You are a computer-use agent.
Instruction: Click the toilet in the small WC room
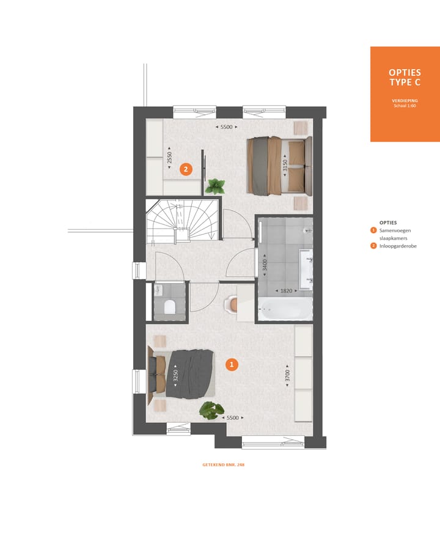point(169,306)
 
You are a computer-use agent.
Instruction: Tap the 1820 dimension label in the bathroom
point(286,291)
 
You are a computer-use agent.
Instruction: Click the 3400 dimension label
point(265,265)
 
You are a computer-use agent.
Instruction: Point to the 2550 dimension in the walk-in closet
point(170,159)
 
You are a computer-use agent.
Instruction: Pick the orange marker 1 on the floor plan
point(231,365)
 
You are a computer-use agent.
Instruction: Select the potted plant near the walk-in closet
point(215,185)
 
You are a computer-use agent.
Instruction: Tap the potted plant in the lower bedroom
point(211,410)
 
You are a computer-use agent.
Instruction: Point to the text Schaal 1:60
point(405,106)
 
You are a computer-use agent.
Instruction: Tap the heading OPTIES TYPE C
point(405,78)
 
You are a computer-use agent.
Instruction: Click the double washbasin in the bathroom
point(306,267)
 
